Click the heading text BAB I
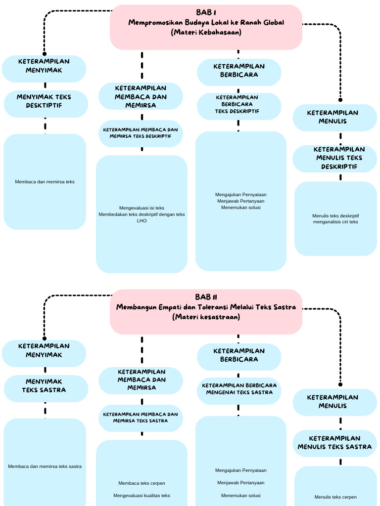pyautogui.click(x=206, y=12)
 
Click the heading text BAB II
pyautogui.click(x=206, y=297)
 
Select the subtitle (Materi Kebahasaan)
pyautogui.click(x=206, y=32)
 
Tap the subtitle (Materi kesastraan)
pyautogui.click(x=206, y=317)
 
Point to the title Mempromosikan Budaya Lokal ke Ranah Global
pyautogui.click(x=206, y=22)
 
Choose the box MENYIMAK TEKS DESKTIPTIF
pyautogui.click(x=46, y=101)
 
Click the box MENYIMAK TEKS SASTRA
pyautogui.click(x=46, y=386)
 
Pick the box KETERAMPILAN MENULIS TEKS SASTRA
pyautogui.click(x=334, y=443)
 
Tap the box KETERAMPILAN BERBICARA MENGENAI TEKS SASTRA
pyautogui.click(x=239, y=389)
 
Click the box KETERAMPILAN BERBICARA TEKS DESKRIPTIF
pyautogui.click(x=239, y=104)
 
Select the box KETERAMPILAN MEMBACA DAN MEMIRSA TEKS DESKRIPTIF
pyautogui.click(x=141, y=133)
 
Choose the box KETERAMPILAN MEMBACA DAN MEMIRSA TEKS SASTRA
pyautogui.click(x=141, y=418)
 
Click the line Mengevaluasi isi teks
pyautogui.click(x=142, y=208)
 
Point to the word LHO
pyautogui.click(x=142, y=221)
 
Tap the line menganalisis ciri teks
pyautogui.click(x=335, y=222)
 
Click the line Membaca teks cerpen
pyautogui.click(x=142, y=483)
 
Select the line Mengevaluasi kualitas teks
pyautogui.click(x=142, y=496)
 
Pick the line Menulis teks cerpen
pyautogui.click(x=335, y=497)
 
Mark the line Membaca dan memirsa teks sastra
pyautogui.click(x=45, y=466)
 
